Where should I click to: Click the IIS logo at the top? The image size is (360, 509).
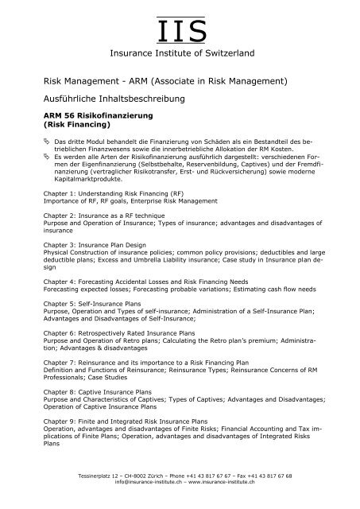click(x=180, y=29)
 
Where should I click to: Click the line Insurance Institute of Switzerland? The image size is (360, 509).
click(x=180, y=53)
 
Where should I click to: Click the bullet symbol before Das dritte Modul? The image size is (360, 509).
click(x=46, y=141)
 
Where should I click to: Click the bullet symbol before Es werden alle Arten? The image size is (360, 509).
click(x=46, y=157)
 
